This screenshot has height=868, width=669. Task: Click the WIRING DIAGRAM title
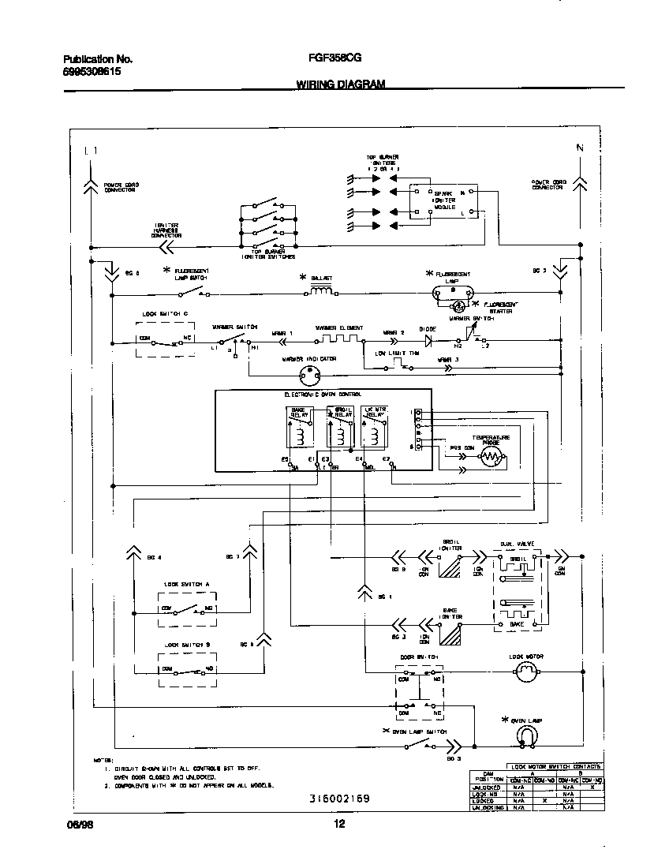341,83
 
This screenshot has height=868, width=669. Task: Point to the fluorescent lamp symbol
453,292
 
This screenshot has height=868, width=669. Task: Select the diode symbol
428,341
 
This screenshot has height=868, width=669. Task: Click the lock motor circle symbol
525,672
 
